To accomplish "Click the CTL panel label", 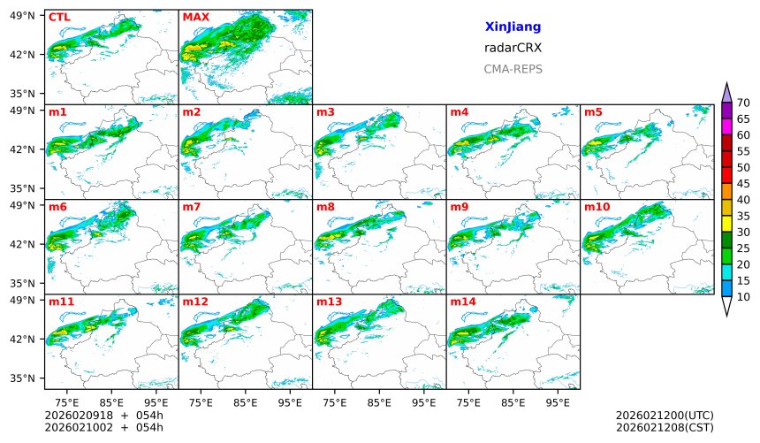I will pyautogui.click(x=59, y=17).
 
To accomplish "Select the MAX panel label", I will pyautogui.click(x=195, y=17).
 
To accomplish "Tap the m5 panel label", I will pyautogui.click(x=593, y=112).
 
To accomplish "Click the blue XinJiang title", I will pyautogui.click(x=513, y=27).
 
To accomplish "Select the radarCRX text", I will pyautogui.click(x=513, y=48).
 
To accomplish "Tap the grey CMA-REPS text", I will pyautogui.click(x=513, y=69).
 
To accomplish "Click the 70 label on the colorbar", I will pyautogui.click(x=743, y=103).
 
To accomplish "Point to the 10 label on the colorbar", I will pyautogui.click(x=743, y=297).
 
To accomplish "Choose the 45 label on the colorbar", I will pyautogui.click(x=743, y=184).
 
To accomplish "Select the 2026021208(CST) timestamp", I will pyautogui.click(x=665, y=427).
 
